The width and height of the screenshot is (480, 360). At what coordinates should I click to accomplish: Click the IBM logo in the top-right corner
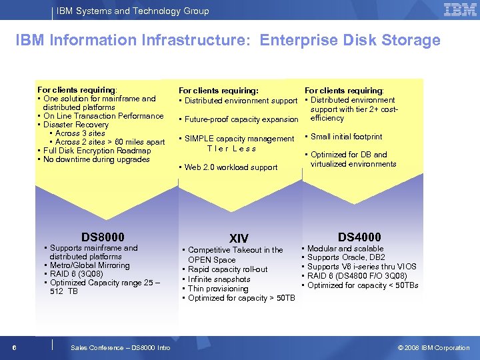point(459,10)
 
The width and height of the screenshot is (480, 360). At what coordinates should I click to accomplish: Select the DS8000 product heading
point(103,237)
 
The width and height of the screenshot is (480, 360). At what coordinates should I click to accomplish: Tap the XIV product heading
point(239,239)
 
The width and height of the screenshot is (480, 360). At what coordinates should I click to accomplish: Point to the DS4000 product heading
point(359,237)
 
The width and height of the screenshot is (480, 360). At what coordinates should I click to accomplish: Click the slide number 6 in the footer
point(14,347)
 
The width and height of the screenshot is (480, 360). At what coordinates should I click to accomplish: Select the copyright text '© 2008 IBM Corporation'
point(433,347)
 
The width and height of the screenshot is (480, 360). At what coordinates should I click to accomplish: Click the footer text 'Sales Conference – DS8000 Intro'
point(120,347)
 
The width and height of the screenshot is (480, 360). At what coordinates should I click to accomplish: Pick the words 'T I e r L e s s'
point(231,149)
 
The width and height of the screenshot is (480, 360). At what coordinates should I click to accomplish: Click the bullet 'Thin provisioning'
point(218,289)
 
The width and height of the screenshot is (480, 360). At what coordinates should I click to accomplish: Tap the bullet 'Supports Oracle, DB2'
point(346,257)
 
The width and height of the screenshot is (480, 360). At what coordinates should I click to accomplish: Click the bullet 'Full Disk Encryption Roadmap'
point(97,151)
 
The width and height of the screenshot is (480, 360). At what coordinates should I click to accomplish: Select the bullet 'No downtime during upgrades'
point(96,159)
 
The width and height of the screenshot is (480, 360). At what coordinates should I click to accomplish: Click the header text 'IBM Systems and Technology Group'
point(133,11)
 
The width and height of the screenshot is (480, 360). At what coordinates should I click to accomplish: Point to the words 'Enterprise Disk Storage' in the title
point(350,40)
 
